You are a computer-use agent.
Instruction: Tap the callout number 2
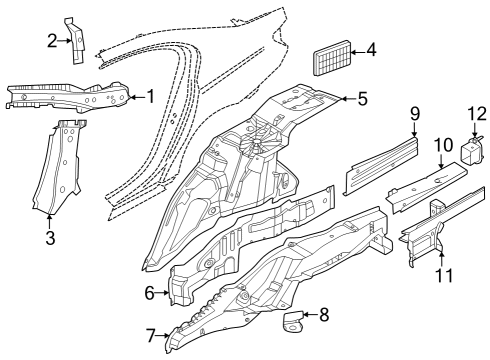pyautogui.click(x=52, y=40)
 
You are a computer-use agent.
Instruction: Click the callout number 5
pyautogui.click(x=362, y=98)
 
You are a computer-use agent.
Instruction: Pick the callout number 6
pyautogui.click(x=150, y=293)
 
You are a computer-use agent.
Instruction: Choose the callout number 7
pyautogui.click(x=152, y=335)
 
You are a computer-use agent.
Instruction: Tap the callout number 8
pyautogui.click(x=323, y=316)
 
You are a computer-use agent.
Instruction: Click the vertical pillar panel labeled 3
pyautogui.click(x=62, y=170)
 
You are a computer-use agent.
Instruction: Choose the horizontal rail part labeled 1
pyautogui.click(x=70, y=95)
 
